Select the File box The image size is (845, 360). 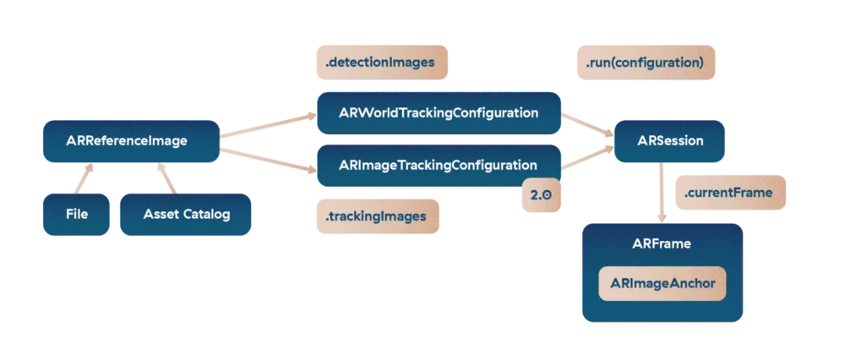77,214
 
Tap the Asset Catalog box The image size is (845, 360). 187,214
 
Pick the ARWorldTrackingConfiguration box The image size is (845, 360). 439,112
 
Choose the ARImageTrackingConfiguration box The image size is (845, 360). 439,164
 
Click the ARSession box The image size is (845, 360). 669,141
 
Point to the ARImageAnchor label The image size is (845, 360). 662,285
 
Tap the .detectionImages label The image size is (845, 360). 380,62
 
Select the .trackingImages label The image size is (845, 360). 375,217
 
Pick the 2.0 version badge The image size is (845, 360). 541,194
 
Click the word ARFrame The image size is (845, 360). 662,243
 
